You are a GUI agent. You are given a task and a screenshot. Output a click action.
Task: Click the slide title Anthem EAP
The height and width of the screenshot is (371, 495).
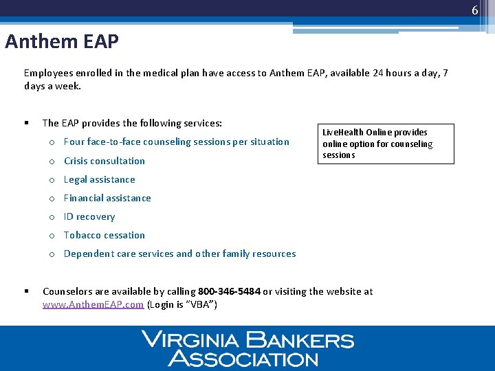pos(62,42)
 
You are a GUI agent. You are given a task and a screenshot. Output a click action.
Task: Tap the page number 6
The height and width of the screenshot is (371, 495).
pos(474,10)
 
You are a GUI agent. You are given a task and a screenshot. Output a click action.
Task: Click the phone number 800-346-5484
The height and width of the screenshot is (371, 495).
pos(229,291)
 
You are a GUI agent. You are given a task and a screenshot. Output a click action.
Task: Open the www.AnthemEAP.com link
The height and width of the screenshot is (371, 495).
pos(93,304)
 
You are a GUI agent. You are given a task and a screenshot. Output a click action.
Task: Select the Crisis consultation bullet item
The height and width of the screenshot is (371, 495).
pos(104,161)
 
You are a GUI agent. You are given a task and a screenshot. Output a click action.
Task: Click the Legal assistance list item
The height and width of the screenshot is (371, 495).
pos(99,179)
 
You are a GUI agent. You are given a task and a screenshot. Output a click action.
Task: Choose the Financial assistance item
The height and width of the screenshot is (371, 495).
pos(107,198)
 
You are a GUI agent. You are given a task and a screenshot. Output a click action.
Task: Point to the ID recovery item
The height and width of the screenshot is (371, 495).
pos(89,216)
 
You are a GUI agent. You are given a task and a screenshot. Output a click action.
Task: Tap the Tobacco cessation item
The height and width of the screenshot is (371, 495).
pos(104,235)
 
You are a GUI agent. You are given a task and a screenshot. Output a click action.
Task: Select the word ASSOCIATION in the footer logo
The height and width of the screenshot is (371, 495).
pos(243,358)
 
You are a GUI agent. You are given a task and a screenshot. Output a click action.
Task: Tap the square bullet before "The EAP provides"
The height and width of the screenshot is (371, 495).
pos(25,123)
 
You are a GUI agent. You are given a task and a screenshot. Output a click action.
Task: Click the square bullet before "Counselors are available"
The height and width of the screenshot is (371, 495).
pos(25,291)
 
